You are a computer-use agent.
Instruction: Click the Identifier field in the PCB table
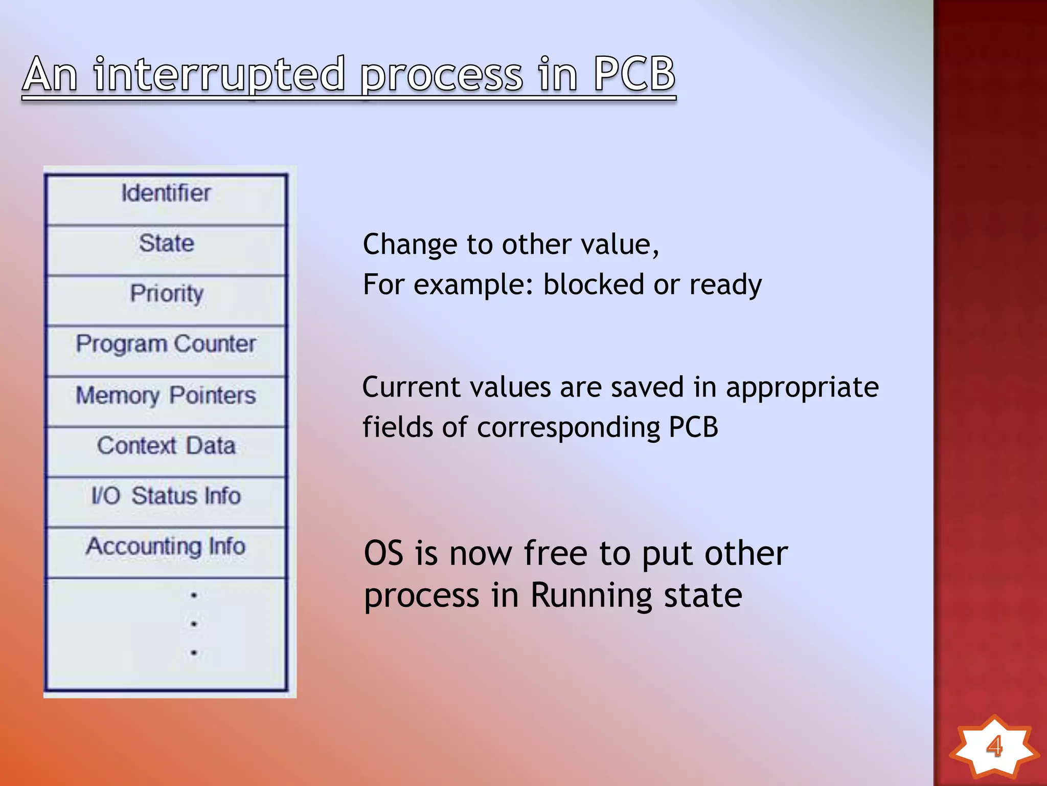pyautogui.click(x=166, y=193)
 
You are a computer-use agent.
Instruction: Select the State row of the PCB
pyautogui.click(x=166, y=243)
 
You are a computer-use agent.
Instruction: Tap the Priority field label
pyautogui.click(x=166, y=294)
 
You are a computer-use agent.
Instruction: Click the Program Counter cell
pyautogui.click(x=166, y=344)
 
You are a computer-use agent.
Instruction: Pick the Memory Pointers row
pyautogui.click(x=166, y=395)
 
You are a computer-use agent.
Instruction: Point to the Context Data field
pyautogui.click(x=166, y=445)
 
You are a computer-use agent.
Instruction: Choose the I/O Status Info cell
pyautogui.click(x=166, y=495)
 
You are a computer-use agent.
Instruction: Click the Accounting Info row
pyautogui.click(x=166, y=546)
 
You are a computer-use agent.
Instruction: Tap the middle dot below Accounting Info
pyautogui.click(x=194, y=624)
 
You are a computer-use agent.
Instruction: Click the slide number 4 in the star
pyautogui.click(x=994, y=746)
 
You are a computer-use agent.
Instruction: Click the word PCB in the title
pyautogui.click(x=634, y=74)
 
